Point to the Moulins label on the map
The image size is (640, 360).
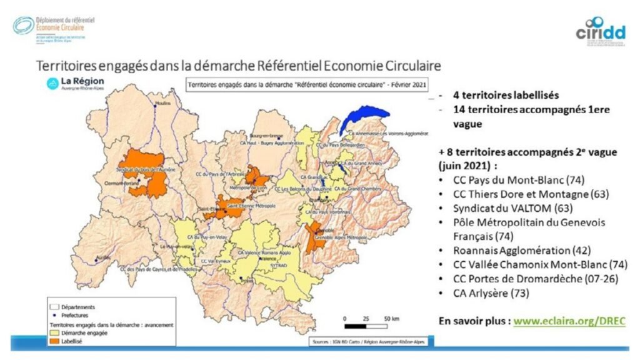coord(162,104)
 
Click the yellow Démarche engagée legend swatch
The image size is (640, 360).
coord(54,333)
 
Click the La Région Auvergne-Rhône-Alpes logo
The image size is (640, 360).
coord(76,84)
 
